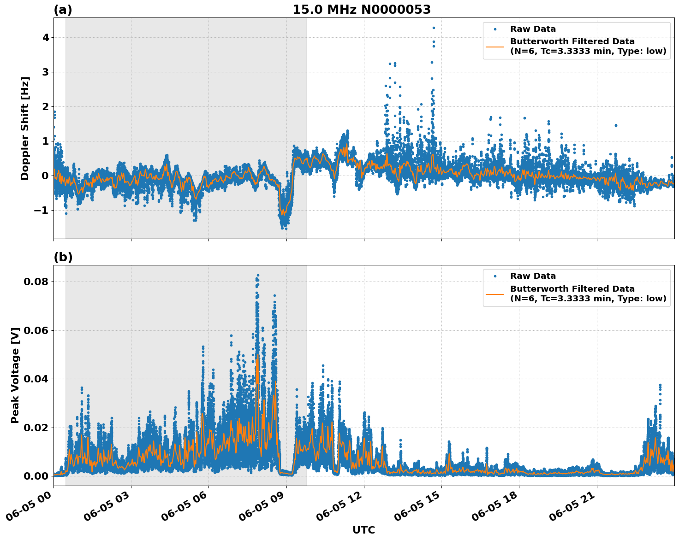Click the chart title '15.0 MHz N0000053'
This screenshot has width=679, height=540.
click(361, 10)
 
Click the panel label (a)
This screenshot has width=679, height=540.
click(63, 10)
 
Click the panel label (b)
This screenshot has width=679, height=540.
click(63, 257)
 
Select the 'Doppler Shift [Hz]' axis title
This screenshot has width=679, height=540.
click(25, 128)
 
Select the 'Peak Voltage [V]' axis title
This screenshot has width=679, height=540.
click(15, 375)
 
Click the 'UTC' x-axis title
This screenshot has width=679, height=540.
click(363, 530)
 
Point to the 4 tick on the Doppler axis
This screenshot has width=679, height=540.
click(45, 37)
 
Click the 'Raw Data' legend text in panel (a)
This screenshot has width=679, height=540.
click(533, 29)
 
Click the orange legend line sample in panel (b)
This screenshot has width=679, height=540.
click(494, 294)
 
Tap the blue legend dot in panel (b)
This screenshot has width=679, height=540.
click(494, 276)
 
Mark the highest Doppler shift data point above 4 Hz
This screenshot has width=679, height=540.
click(434, 28)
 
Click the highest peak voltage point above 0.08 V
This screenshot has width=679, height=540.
click(258, 276)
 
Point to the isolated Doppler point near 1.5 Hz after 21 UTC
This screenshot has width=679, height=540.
click(616, 125)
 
